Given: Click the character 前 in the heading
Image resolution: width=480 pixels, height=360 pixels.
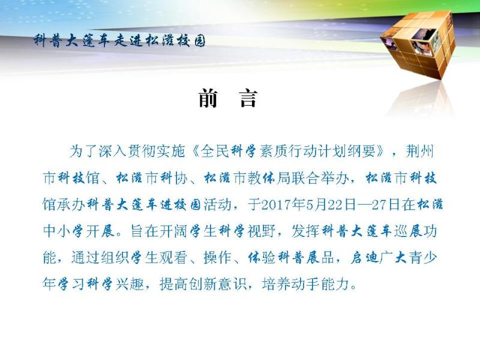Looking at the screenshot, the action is tap(208, 98).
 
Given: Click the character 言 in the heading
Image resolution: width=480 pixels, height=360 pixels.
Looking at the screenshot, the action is tap(248, 98).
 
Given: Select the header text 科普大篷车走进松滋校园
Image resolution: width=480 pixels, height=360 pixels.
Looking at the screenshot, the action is tap(119, 41).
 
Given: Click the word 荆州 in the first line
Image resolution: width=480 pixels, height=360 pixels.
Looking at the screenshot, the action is tap(420, 151).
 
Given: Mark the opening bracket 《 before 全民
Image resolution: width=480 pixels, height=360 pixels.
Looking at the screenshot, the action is tap(196, 151).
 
